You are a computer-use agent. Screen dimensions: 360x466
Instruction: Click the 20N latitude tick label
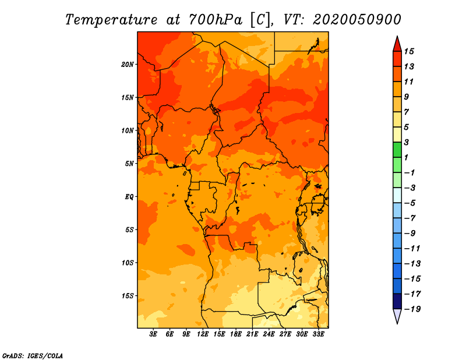(128, 64)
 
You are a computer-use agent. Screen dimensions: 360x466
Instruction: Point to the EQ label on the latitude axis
(129, 196)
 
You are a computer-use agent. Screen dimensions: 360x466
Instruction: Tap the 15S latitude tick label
(128, 295)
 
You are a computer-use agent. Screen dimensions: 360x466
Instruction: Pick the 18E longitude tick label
(236, 334)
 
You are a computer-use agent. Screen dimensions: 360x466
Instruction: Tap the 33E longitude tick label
(318, 334)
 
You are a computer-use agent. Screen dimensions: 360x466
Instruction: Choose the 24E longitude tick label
(269, 334)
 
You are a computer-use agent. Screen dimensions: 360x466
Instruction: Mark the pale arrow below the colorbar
(397, 316)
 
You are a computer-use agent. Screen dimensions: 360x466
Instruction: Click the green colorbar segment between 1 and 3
(397, 150)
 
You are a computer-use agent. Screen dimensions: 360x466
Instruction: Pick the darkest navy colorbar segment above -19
(397, 301)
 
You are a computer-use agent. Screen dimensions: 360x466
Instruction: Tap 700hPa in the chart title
(211, 19)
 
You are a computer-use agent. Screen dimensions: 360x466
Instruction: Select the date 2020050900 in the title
(356, 19)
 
